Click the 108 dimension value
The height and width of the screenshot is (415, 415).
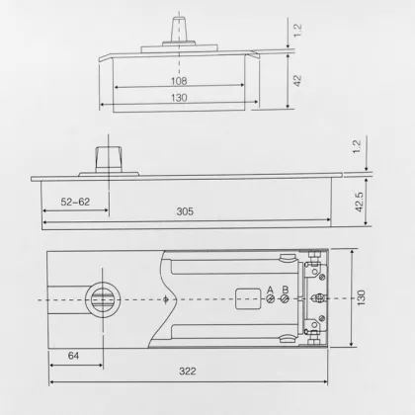[179, 82]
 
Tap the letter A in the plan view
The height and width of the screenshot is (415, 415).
[269, 289]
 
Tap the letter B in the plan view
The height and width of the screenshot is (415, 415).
[285, 289]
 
